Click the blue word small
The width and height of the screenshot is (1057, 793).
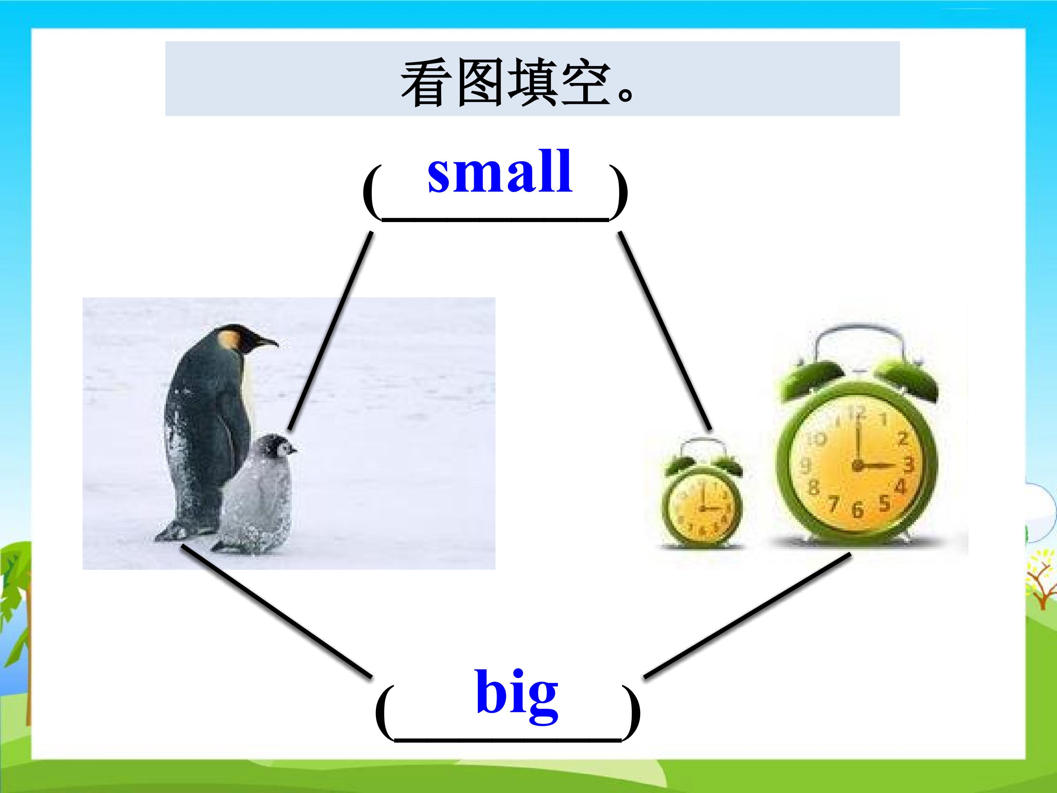point(500,172)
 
